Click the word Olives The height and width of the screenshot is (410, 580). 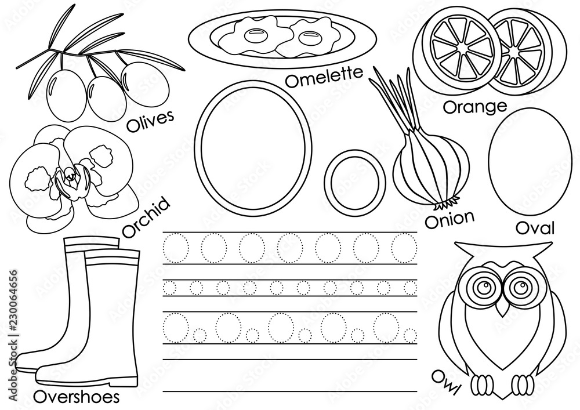[x=150, y=121]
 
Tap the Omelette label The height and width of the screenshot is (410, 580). [x=324, y=77]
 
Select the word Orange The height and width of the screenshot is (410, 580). [x=475, y=107]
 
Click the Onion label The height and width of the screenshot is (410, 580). [x=449, y=219]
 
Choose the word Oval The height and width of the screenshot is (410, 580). [x=535, y=228]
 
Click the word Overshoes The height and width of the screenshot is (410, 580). [x=77, y=397]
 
